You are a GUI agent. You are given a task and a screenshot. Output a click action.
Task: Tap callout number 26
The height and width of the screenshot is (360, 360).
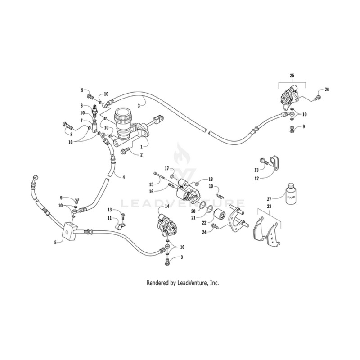[327, 90]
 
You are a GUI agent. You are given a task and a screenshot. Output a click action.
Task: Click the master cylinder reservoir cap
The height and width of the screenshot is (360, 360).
[122, 117]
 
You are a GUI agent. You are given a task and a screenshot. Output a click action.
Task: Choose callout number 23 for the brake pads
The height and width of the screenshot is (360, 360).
[270, 206]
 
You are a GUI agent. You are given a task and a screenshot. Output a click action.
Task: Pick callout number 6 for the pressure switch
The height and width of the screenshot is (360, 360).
[82, 106]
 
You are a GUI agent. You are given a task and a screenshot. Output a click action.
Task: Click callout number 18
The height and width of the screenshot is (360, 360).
[210, 179]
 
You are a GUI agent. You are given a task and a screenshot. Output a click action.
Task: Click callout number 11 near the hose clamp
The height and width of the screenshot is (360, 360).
[110, 218]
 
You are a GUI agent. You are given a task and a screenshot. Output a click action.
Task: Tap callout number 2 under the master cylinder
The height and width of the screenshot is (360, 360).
[141, 155]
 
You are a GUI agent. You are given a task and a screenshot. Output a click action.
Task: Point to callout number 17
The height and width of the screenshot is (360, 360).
[166, 169]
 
